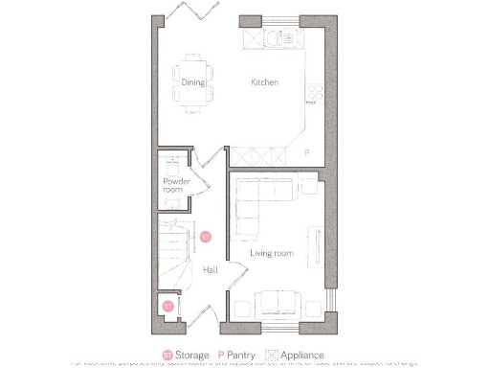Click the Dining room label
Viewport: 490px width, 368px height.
[x=193, y=82]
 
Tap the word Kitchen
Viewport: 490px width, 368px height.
[x=264, y=82]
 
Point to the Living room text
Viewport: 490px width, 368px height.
[x=271, y=253]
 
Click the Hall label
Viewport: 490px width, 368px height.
[x=210, y=270]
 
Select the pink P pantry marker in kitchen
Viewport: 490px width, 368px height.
[x=307, y=152]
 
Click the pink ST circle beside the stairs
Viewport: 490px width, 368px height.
[x=204, y=236]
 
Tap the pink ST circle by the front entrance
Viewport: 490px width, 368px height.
[x=167, y=307]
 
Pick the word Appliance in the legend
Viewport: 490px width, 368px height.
[x=314, y=355]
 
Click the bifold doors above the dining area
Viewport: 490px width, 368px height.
[x=182, y=11]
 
